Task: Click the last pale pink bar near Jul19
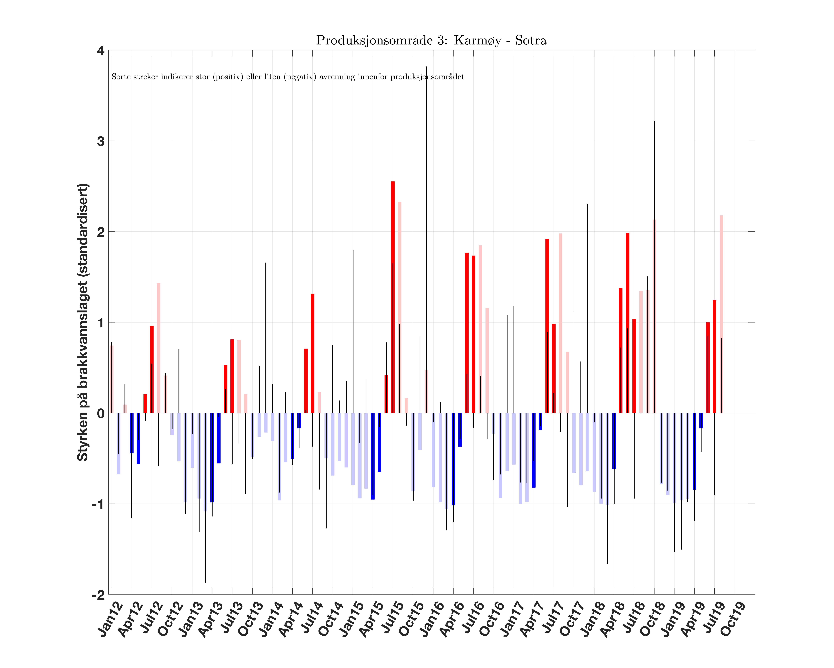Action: tap(721, 314)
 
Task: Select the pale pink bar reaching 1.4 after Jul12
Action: tap(159, 348)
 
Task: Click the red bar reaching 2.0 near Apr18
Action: tap(627, 321)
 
